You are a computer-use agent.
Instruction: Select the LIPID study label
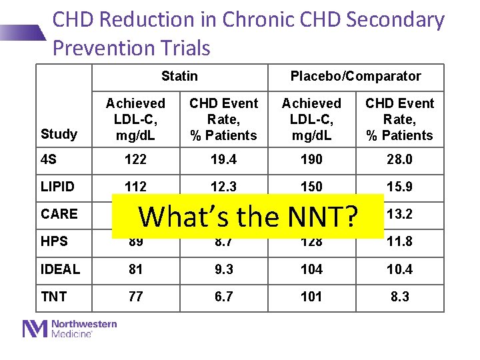click(x=57, y=187)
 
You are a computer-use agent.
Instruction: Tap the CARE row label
click(x=59, y=214)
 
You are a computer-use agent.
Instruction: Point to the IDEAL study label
click(x=60, y=269)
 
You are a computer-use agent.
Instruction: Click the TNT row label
click(x=54, y=296)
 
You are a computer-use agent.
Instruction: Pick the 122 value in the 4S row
click(x=135, y=159)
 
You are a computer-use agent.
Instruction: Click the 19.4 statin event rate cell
click(x=223, y=159)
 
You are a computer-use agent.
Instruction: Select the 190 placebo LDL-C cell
click(x=311, y=159)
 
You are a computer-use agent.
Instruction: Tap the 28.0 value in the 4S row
click(x=400, y=159)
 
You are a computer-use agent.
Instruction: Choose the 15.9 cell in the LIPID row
click(x=400, y=187)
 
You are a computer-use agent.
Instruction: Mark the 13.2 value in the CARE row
click(x=400, y=214)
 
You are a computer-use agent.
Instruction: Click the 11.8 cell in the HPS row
click(x=400, y=241)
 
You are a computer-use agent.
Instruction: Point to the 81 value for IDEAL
click(x=135, y=269)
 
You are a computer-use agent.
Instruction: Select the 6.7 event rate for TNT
click(x=223, y=296)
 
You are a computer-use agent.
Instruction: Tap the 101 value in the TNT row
click(x=311, y=296)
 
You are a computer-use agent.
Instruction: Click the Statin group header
click(x=179, y=76)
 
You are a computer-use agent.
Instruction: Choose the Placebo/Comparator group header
click(x=355, y=76)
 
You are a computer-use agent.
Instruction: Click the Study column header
click(x=59, y=134)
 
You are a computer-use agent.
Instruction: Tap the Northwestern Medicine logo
click(x=70, y=329)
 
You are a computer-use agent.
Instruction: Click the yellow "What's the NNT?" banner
click(x=247, y=216)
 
